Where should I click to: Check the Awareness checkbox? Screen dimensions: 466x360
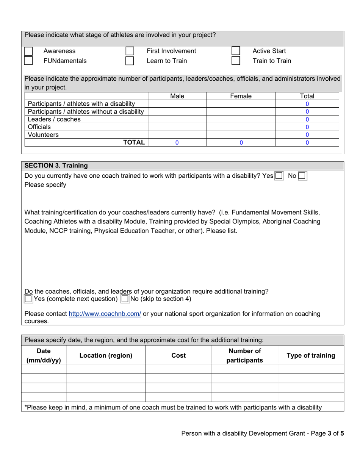point(28,51)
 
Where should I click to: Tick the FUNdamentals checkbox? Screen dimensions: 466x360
point(28,61)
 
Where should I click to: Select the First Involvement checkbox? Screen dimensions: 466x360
point(130,51)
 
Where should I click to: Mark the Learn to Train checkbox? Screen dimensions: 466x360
point(130,61)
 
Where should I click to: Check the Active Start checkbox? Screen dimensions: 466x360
point(236,51)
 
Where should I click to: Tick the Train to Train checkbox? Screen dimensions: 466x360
point(236,61)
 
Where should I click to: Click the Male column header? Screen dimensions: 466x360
point(177,96)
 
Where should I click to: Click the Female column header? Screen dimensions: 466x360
point(241,96)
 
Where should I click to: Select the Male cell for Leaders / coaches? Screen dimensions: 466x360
point(177,119)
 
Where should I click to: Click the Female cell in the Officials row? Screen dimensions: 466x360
point(241,127)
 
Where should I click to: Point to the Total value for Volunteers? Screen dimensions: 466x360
point(307,135)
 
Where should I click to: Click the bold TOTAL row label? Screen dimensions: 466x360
point(134,142)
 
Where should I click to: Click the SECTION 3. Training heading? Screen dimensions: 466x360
point(56,166)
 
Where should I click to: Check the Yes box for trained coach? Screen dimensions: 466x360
point(279,176)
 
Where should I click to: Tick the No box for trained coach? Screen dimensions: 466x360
point(302,176)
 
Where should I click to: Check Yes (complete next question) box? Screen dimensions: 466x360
point(28,299)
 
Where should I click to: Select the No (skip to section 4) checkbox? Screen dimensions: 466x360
point(125,299)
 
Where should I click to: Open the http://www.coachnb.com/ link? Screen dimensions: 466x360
point(105,314)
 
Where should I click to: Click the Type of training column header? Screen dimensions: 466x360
point(311,356)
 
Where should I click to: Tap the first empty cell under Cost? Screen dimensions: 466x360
point(178,369)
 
